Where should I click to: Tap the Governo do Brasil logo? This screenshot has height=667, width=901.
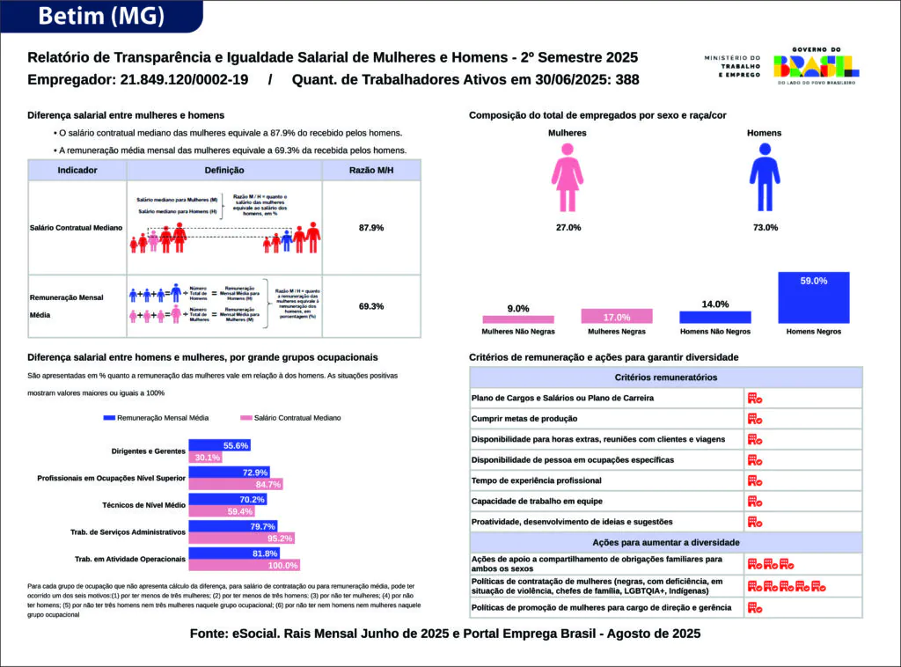pos(816,67)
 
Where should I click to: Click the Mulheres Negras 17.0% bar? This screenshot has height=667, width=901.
pos(617,317)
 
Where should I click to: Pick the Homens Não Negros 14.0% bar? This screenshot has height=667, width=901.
pos(715,318)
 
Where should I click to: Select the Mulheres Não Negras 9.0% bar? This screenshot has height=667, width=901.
pos(518,319)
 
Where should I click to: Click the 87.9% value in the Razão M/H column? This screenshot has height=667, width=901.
pos(371,228)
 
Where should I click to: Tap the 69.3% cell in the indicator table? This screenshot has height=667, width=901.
pos(371,306)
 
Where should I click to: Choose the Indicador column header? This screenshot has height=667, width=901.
pos(77,170)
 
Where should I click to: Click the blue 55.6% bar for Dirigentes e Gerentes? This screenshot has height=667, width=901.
pos(221,445)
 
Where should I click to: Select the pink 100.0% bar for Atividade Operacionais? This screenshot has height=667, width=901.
pos(245,565)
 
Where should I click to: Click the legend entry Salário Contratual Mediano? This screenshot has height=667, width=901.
pos(289,418)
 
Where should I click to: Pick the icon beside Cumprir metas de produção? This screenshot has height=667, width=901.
pos(754,419)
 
